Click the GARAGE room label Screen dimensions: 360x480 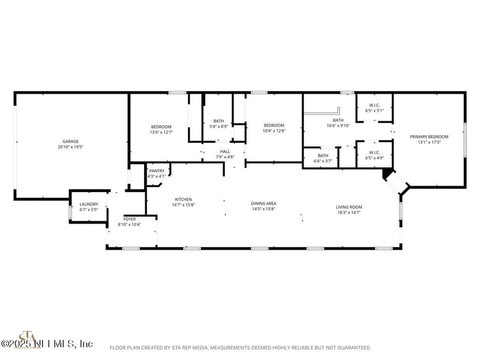[71, 142]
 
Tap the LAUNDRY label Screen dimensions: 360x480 [89, 205]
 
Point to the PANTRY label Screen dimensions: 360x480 [157, 171]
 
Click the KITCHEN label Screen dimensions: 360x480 [183, 199]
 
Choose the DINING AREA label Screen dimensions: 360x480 [263, 203]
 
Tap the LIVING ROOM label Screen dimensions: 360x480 [349, 207]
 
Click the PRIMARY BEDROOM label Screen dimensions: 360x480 [429, 137]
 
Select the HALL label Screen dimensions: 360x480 [225, 151]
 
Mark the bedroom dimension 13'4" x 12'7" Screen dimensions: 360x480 [161, 132]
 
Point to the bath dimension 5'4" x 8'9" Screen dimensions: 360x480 [218, 126]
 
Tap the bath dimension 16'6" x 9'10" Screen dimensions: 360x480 [338, 126]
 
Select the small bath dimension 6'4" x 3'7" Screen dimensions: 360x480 [323, 161]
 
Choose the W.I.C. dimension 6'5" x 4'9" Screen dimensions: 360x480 [375, 158]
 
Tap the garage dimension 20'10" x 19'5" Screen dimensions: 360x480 [71, 147]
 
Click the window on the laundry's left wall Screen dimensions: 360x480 [70, 213]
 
